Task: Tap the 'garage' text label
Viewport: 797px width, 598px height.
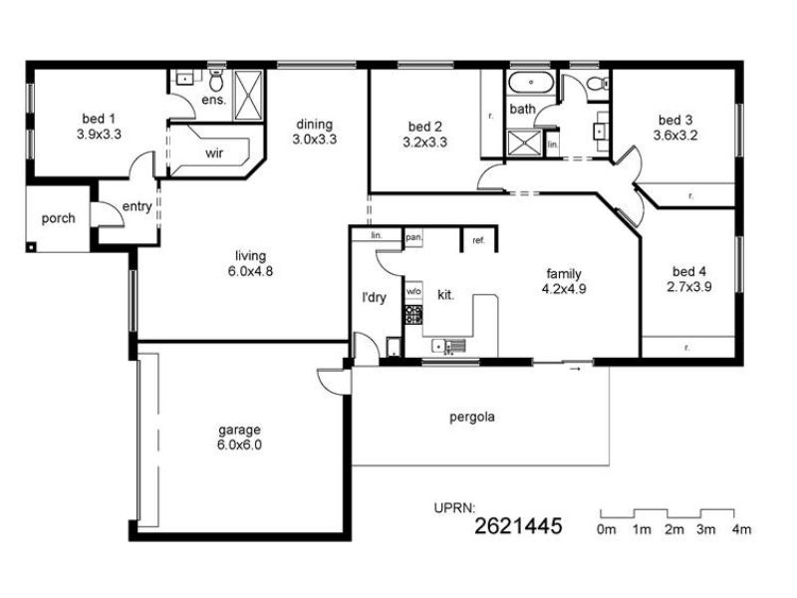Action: pyautogui.click(x=239, y=431)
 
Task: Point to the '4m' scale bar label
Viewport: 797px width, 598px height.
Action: pyautogui.click(x=741, y=529)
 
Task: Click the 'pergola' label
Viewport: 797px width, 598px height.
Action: pyautogui.click(x=471, y=417)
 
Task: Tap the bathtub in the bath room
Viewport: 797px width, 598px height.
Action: pyautogui.click(x=528, y=82)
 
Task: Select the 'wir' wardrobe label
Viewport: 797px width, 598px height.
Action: pyautogui.click(x=214, y=153)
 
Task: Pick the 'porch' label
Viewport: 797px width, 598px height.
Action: pyautogui.click(x=58, y=218)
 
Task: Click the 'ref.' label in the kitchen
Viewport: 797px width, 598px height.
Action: pyautogui.click(x=477, y=240)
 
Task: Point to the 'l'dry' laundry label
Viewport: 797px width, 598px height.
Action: pyautogui.click(x=374, y=296)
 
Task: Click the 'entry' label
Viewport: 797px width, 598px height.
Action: pyautogui.click(x=136, y=206)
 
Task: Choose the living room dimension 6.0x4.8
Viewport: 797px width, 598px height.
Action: pyautogui.click(x=250, y=271)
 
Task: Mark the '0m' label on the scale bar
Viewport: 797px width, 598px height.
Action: pyautogui.click(x=607, y=529)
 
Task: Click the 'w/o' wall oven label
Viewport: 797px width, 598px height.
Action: pyautogui.click(x=412, y=291)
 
